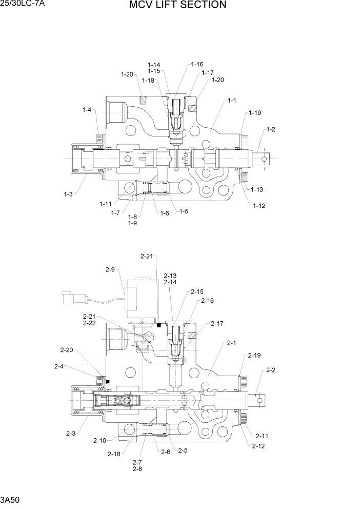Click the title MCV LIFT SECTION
click(177, 5)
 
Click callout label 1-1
click(232, 100)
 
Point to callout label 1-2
click(270, 129)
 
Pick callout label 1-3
click(68, 194)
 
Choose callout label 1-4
click(87, 109)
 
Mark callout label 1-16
click(197, 65)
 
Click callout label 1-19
click(255, 113)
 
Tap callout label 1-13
click(257, 189)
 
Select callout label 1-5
click(184, 211)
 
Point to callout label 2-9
click(110, 269)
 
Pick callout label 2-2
click(271, 370)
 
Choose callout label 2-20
click(66, 350)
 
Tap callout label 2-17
click(217, 324)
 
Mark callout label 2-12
click(258, 446)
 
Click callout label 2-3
click(71, 434)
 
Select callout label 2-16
click(207, 301)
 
